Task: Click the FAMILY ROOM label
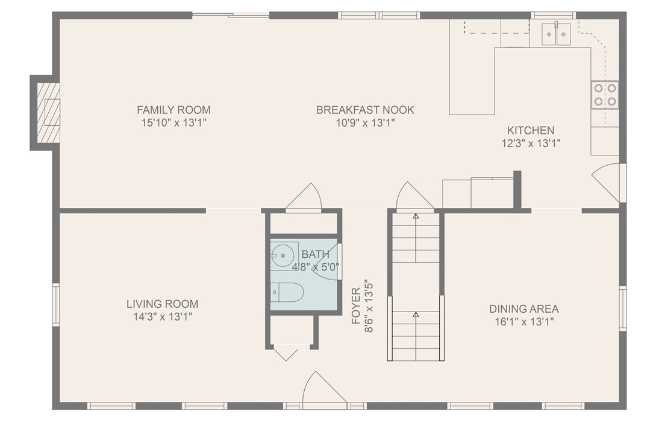click(x=173, y=110)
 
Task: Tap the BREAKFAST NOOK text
click(x=365, y=110)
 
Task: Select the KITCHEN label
click(x=530, y=130)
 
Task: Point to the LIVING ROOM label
click(x=162, y=304)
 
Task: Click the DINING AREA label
click(x=523, y=309)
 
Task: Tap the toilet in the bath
click(x=287, y=293)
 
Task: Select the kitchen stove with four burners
click(x=604, y=95)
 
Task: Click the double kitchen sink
click(x=556, y=34)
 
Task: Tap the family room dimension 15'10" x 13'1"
click(x=173, y=122)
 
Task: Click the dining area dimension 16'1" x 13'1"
click(x=523, y=322)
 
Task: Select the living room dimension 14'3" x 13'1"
click(x=162, y=317)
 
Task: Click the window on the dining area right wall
click(x=622, y=308)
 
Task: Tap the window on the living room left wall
click(x=56, y=304)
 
